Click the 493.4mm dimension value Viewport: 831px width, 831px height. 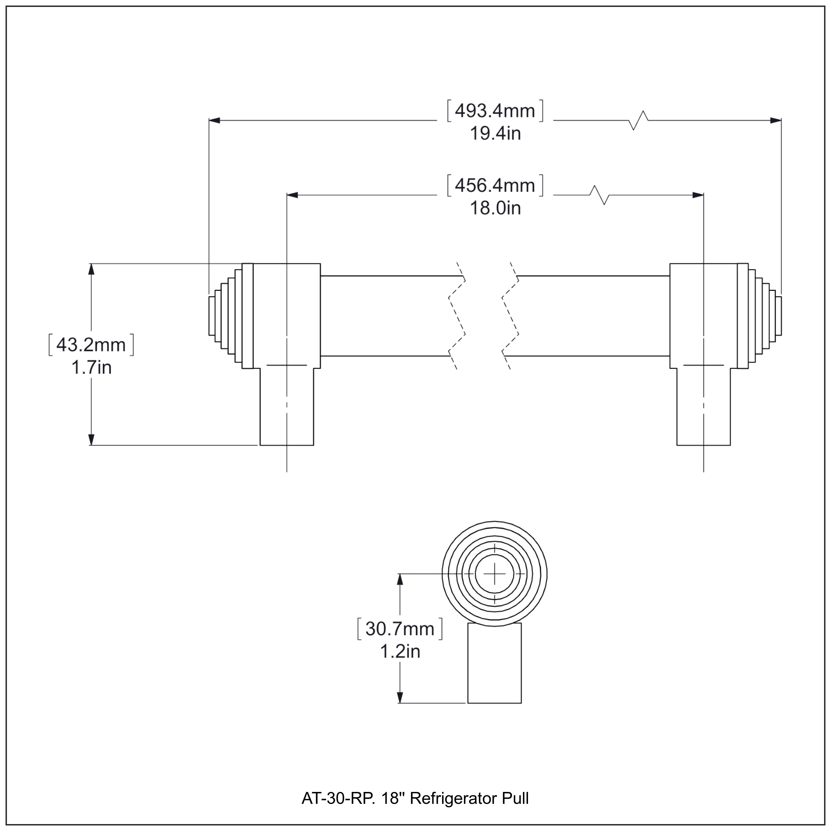click(495, 111)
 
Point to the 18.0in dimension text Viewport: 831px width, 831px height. click(495, 209)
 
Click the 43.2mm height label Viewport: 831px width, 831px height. click(91, 345)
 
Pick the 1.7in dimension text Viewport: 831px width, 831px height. click(91, 368)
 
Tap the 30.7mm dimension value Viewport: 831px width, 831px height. click(400, 629)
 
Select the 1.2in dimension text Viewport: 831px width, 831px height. click(400, 652)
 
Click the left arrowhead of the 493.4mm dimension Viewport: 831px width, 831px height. click(214, 120)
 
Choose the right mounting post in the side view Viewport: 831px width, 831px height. click(703, 406)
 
